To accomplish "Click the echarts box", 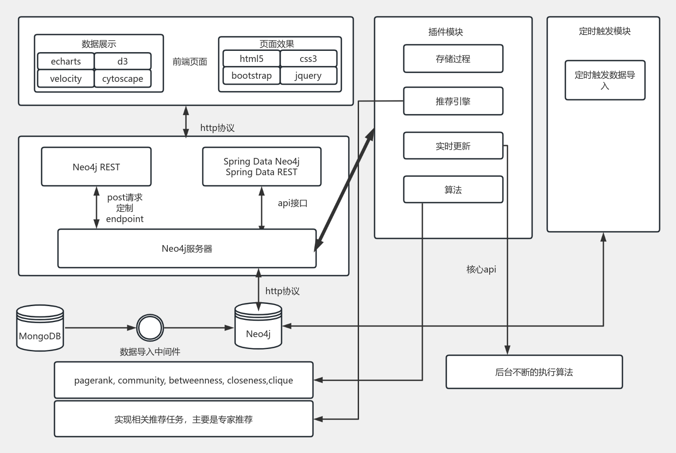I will click(66, 61).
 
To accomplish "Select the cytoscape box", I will click(123, 79).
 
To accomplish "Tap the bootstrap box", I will click(251, 76).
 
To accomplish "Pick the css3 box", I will click(308, 59).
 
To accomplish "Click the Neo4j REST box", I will click(96, 167).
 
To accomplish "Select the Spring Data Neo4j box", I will click(262, 167).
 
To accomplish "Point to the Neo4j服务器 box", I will click(187, 249).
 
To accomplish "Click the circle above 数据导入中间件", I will click(150, 328).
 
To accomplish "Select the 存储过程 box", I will click(453, 59).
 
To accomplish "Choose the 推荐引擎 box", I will click(453, 101).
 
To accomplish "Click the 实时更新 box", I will click(453, 146).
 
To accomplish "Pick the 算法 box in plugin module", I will click(453, 190).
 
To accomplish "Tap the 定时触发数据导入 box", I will click(605, 80).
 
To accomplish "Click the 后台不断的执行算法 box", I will click(534, 372).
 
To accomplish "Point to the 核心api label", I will click(481, 269).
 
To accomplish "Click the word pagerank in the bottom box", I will click(93, 380).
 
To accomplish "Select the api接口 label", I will click(292, 203).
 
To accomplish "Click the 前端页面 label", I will click(190, 62).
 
